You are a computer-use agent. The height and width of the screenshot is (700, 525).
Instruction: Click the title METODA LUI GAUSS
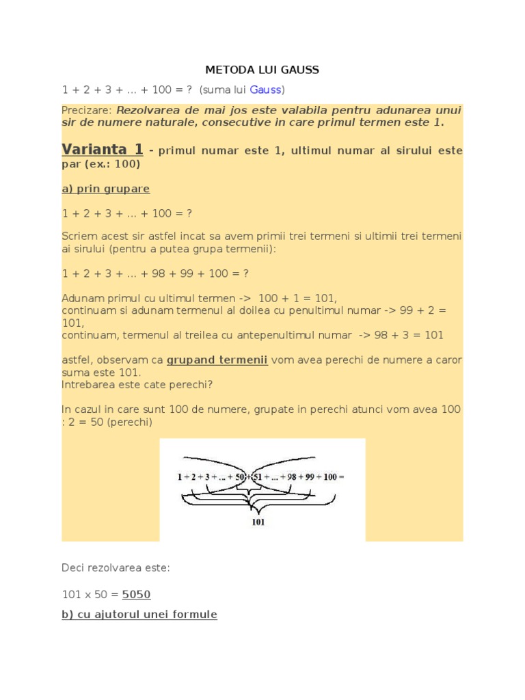(262, 70)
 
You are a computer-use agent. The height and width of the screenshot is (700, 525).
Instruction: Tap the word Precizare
(86, 110)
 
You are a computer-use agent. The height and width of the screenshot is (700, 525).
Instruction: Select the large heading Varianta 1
(103, 149)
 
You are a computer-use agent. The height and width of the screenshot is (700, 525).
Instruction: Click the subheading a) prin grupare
(105, 188)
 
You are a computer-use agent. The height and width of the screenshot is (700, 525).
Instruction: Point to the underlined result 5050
(136, 595)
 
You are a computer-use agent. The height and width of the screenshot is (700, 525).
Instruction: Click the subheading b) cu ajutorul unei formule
(139, 615)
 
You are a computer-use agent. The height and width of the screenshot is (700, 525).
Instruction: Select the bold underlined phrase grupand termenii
(217, 360)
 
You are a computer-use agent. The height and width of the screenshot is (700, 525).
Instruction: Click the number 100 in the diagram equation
(329, 476)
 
